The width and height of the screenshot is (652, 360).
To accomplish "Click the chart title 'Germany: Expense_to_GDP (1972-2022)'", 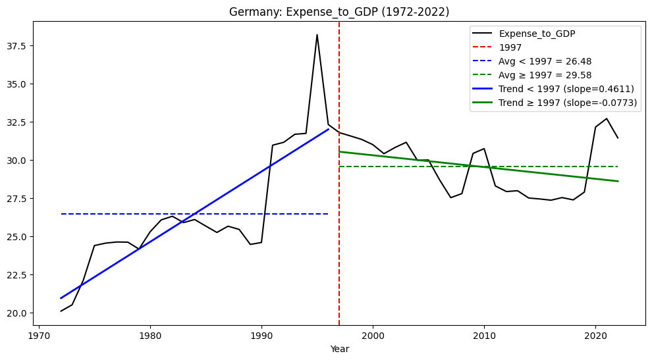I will point(339,12).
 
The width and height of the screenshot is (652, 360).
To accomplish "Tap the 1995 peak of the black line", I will point(317,35).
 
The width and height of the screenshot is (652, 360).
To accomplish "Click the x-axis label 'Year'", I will point(340,349).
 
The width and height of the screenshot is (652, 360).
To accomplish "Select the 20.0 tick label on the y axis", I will point(21,313).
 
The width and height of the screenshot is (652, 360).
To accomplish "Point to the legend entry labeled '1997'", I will point(510,47).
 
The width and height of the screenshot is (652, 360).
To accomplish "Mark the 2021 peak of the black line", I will point(607,118).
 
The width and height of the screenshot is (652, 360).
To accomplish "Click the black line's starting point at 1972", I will point(61,311).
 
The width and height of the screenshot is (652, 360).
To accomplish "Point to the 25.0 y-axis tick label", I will point(21,236).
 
